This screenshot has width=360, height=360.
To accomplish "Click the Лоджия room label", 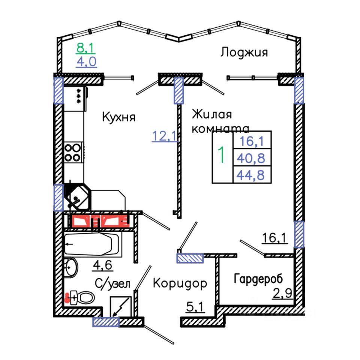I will [x=244, y=52].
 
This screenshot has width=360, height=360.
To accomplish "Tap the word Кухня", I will [x=118, y=117].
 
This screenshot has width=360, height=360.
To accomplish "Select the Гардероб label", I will [x=258, y=279].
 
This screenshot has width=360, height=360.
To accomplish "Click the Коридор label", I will [x=180, y=283].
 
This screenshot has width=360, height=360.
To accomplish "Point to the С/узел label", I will [x=112, y=284].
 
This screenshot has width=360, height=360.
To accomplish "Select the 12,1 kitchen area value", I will [x=164, y=135].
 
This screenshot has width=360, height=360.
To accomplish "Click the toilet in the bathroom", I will [x=81, y=298].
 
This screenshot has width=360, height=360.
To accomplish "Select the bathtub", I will [x=91, y=244].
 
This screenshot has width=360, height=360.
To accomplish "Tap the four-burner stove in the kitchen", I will [x=73, y=152].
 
